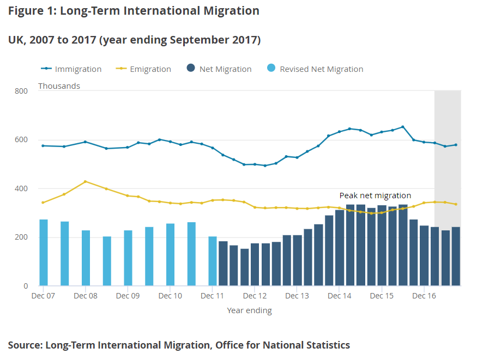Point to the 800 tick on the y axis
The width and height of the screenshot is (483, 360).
coord(21,91)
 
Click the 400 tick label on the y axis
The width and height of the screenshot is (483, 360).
coord(21,188)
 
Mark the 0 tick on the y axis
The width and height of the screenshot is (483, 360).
coord(25,286)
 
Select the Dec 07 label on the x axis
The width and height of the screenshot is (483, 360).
coord(43,296)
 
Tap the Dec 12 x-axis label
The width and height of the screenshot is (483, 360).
coord(255,296)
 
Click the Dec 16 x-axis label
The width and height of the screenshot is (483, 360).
coord(424,296)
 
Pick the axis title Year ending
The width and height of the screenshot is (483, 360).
coord(249,310)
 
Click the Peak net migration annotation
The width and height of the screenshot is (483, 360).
coord(375,196)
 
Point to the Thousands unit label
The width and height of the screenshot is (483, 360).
coord(59,86)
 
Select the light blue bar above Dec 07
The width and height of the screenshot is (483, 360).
coord(44,252)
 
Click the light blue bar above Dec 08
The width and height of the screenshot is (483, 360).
coord(86,258)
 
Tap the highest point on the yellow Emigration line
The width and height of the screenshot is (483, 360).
coord(86,182)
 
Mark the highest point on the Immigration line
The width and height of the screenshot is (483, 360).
coord(402,127)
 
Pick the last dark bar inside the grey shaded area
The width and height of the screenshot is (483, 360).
coord(456,256)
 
